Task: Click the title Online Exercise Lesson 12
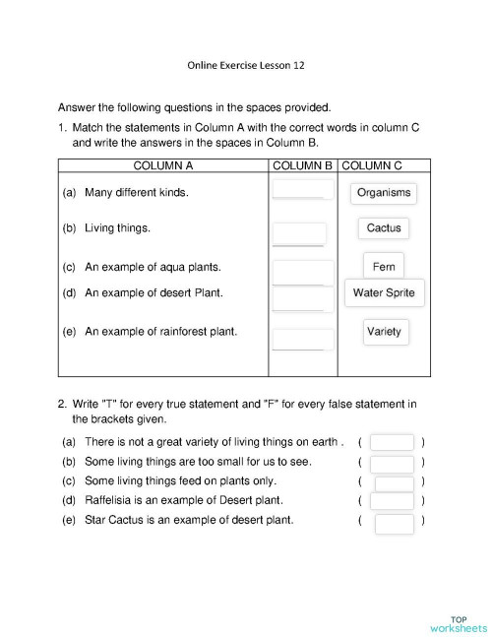pyautogui.click(x=246, y=67)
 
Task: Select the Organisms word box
pyautogui.click(x=384, y=193)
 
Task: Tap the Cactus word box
pyautogui.click(x=384, y=228)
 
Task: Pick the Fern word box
pyautogui.click(x=384, y=267)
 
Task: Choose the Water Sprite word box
pyautogui.click(x=384, y=293)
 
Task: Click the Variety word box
pyautogui.click(x=384, y=332)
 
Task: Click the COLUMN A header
pyautogui.click(x=162, y=165)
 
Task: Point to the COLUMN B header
pyautogui.click(x=303, y=165)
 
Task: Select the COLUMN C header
pyautogui.click(x=373, y=165)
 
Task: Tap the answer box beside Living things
pyautogui.click(x=299, y=233)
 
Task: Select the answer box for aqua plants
pyautogui.click(x=303, y=272)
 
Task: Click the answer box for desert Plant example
pyautogui.click(x=303, y=297)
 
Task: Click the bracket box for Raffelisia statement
pyautogui.click(x=393, y=502)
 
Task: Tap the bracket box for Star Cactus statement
pyautogui.click(x=395, y=523)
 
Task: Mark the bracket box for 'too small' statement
pyautogui.click(x=393, y=463)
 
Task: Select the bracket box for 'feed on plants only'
pyautogui.click(x=394, y=482)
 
